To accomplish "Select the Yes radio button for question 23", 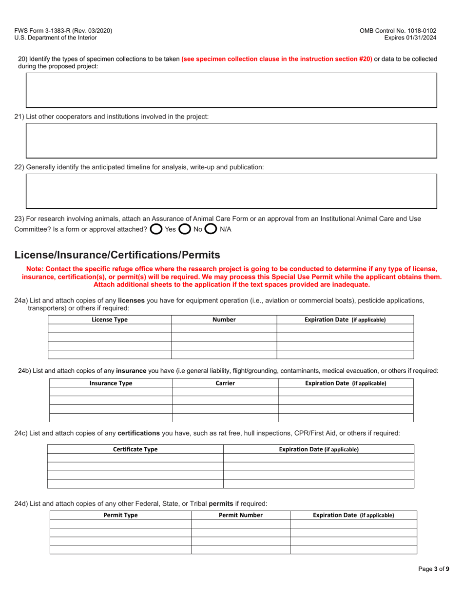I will [x=156, y=229].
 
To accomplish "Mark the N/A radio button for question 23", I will [x=211, y=229].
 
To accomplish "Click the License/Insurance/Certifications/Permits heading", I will [x=117, y=255].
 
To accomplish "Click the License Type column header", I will [x=110, y=320].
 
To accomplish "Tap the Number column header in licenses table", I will [x=224, y=320].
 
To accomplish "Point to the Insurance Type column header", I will [x=111, y=383].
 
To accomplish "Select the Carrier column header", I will [x=225, y=383].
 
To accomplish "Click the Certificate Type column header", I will [x=135, y=449].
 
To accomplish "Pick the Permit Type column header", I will [x=120, y=515].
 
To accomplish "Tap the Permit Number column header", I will [x=241, y=515].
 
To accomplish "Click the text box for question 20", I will [x=231, y=90].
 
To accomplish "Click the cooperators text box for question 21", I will [x=231, y=140].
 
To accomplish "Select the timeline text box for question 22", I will [x=231, y=191].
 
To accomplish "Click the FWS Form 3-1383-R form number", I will [x=63, y=30].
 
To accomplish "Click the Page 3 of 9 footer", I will [x=433, y=568].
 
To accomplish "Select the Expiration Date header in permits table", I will [x=353, y=515].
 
